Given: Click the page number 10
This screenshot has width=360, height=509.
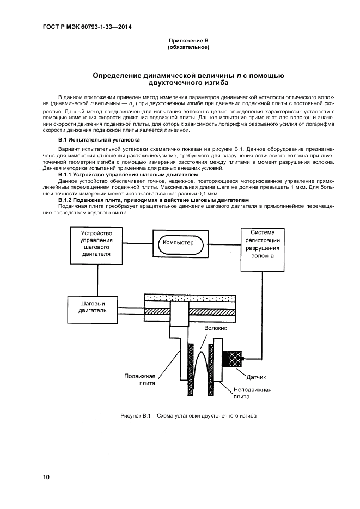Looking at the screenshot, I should [x=46, y=477].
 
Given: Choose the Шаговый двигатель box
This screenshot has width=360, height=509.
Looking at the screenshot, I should [x=92, y=307].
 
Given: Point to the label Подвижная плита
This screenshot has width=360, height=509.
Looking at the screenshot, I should [x=140, y=379].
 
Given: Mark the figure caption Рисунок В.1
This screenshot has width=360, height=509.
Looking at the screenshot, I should [x=188, y=416].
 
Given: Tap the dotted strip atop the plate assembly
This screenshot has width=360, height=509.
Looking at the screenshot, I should [x=189, y=298].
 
